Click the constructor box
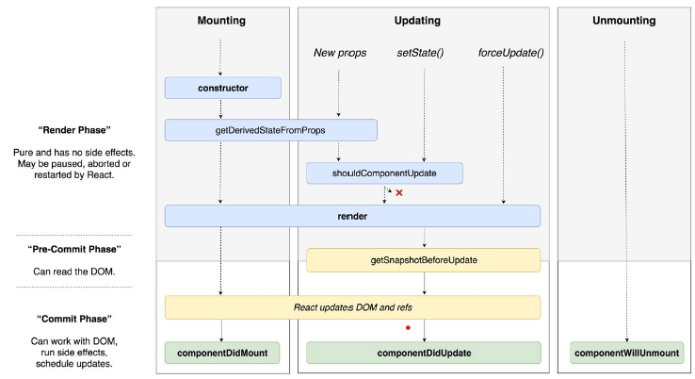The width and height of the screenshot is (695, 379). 223,88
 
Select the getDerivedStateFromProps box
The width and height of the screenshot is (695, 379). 271,130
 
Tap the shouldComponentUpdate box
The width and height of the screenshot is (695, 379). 384,173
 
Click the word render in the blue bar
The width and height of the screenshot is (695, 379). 352,217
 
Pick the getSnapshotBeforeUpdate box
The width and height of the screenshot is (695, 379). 423,259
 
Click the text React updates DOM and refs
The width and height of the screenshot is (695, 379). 352,307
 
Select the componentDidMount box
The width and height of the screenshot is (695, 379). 223,353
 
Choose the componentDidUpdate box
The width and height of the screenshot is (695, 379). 423,353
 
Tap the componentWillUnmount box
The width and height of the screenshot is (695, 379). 627,353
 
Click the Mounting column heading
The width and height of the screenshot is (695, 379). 223,21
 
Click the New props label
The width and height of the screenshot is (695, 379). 339,52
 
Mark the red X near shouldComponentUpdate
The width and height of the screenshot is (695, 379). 399,192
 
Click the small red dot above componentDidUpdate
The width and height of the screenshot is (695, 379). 408,328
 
